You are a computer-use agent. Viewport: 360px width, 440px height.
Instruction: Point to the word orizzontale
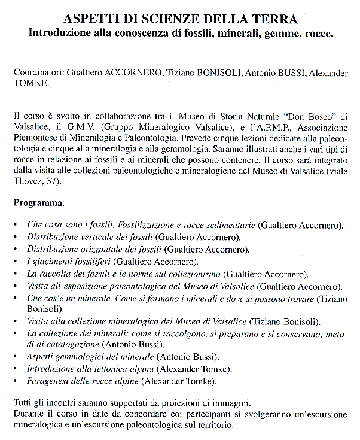(x=95, y=249)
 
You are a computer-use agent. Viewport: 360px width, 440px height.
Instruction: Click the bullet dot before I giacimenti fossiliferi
(x=16, y=262)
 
